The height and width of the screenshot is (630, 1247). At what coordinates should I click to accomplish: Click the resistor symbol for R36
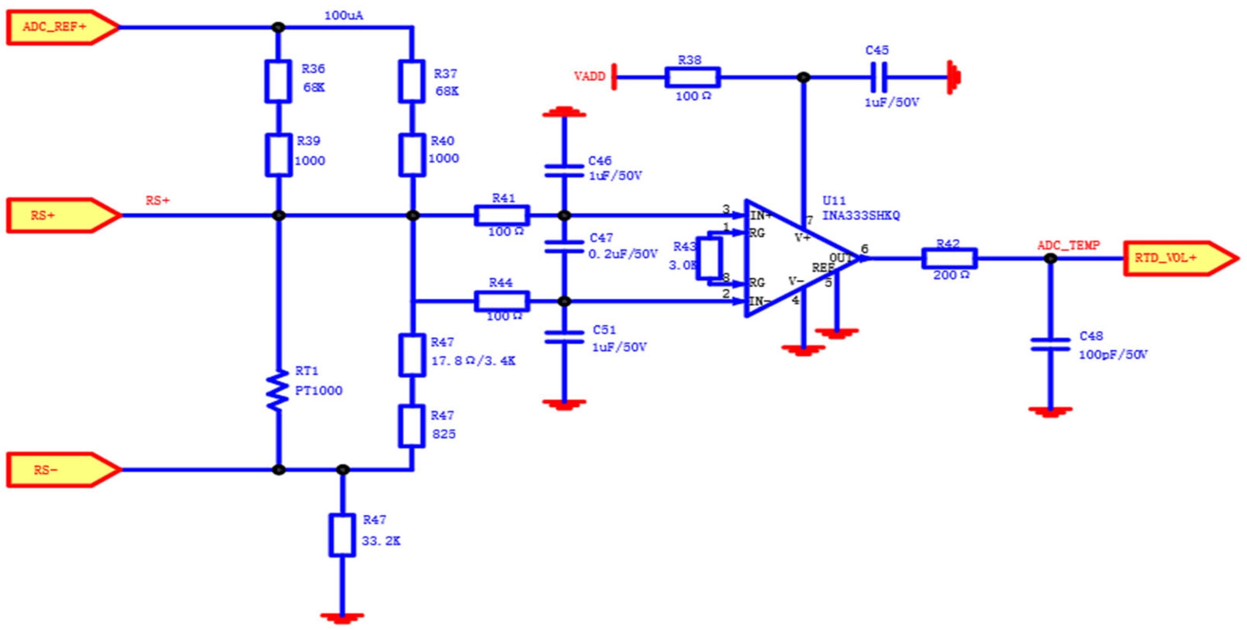point(278,81)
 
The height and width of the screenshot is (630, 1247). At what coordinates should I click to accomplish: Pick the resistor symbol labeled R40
point(412,155)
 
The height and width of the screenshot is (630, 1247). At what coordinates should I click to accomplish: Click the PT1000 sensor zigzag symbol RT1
point(277,390)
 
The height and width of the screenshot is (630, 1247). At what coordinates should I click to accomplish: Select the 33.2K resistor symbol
point(342,536)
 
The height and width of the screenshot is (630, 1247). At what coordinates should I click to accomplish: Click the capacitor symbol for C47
point(564,247)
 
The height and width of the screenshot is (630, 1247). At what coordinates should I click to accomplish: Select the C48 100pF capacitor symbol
point(1049,344)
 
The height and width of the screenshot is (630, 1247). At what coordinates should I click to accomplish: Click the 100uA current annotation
point(344,16)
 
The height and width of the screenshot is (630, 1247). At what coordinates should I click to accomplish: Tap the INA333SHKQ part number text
point(861,216)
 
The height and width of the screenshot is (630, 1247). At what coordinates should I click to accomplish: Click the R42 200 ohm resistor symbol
point(949,259)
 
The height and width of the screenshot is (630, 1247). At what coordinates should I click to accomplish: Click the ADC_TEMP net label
point(1068,246)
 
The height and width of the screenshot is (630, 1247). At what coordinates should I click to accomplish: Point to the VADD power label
point(590,76)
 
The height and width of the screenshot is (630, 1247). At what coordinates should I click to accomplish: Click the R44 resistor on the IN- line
point(502,301)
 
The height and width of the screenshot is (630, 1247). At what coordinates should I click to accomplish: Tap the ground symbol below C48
point(1049,411)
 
